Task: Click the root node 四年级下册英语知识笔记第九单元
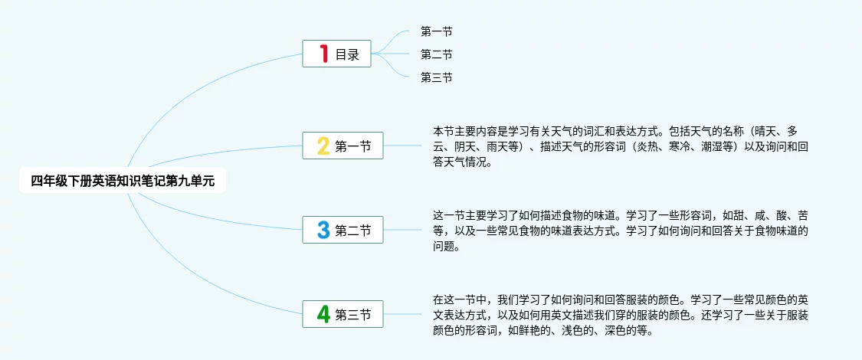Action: point(123,181)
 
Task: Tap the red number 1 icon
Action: point(324,54)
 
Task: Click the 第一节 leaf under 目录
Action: point(436,31)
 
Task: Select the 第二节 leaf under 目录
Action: point(436,54)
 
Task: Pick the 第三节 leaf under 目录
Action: point(436,77)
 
